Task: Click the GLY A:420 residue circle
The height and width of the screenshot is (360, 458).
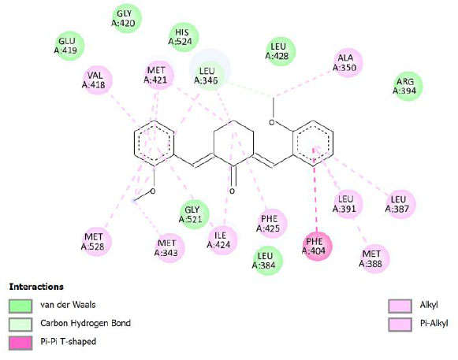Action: (126, 18)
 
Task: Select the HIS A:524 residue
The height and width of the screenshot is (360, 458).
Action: (183, 37)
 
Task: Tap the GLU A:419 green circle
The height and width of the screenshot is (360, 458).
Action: (69, 46)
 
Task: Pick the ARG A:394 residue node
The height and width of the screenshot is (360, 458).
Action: (408, 86)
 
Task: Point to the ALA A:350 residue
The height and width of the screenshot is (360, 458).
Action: (348, 62)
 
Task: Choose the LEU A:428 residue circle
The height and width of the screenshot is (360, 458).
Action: (281, 51)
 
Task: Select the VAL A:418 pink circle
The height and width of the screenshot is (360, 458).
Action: (97, 80)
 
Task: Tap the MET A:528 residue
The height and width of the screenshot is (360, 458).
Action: (96, 242)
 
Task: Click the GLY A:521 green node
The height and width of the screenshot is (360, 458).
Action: (194, 214)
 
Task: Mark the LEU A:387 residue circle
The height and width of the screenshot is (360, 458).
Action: (400, 204)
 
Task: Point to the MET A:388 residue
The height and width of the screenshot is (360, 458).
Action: (374, 258)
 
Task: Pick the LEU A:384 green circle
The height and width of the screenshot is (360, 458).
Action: (267, 261)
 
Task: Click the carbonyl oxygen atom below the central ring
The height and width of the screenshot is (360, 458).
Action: (232, 191)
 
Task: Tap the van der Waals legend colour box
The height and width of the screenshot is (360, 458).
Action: (20, 306)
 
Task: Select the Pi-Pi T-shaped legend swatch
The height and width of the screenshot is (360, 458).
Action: (20, 343)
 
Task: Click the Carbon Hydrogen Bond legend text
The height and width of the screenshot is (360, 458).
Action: (85, 323)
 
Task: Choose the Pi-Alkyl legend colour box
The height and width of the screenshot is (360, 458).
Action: (400, 324)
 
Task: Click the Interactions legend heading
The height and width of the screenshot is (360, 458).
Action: (36, 287)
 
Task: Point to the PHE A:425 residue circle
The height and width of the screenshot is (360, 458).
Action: (272, 224)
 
